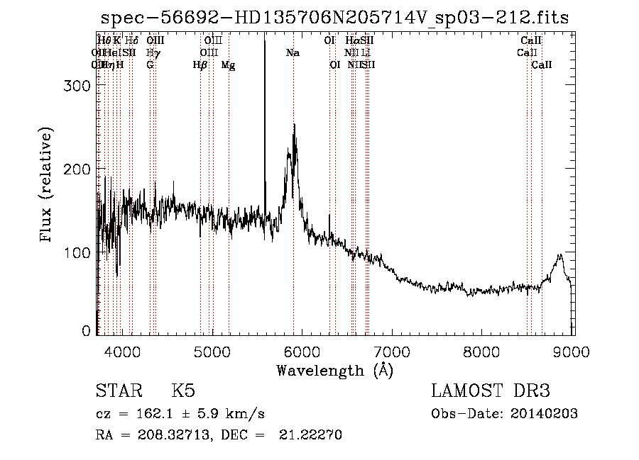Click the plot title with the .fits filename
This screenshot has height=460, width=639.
tap(334, 18)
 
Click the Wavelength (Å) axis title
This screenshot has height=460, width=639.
tap(334, 370)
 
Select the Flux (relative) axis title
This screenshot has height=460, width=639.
tap(47, 186)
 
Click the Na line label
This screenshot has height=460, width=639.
tap(293, 53)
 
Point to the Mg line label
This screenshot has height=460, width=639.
tap(229, 65)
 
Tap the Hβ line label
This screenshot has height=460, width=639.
tap(200, 65)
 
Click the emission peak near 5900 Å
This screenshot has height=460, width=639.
tap(294, 126)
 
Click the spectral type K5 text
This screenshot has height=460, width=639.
tap(183, 391)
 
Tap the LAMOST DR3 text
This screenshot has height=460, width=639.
tap(490, 391)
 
